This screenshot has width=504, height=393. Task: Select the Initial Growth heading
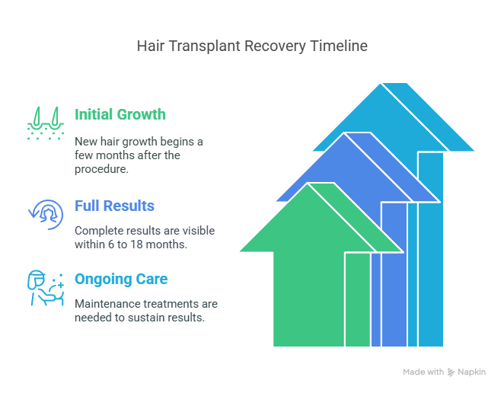click(120, 114)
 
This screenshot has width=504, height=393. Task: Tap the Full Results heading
click(114, 206)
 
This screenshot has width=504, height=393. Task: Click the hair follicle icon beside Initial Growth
click(46, 123)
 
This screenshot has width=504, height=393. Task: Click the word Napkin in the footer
click(472, 372)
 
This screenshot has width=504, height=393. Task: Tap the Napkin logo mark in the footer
click(451, 372)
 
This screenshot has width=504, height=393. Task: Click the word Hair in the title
click(148, 46)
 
